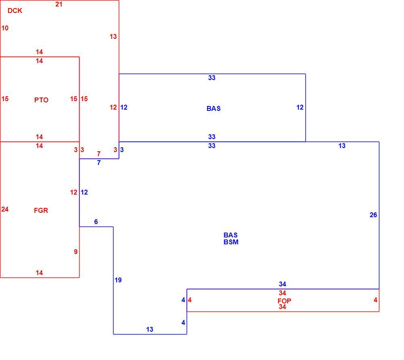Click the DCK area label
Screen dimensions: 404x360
coord(15,11)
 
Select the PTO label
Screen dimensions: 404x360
coord(41,100)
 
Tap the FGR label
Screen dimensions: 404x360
coord(41,210)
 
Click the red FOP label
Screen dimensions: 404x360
coord(284,301)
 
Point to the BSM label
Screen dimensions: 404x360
coord(231,242)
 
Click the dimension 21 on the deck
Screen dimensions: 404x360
coord(59,4)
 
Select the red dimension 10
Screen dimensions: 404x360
coord(5,28)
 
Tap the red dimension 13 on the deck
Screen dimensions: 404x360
coord(113,37)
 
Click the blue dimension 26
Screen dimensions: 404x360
coord(373,215)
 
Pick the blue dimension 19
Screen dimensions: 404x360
coord(118,280)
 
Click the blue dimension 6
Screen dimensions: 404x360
coord(96,222)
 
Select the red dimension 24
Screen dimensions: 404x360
coord(5,209)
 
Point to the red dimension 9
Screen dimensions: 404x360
coord(76,252)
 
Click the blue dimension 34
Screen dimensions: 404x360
coord(282,284)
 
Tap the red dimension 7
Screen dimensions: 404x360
coord(99,154)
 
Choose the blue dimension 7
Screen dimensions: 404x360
coord(99,163)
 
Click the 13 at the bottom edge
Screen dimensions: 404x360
coord(149,329)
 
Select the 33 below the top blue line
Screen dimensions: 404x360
coord(212,78)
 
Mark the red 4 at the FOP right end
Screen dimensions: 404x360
coord(375,300)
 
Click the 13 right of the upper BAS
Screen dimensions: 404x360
coord(342,146)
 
